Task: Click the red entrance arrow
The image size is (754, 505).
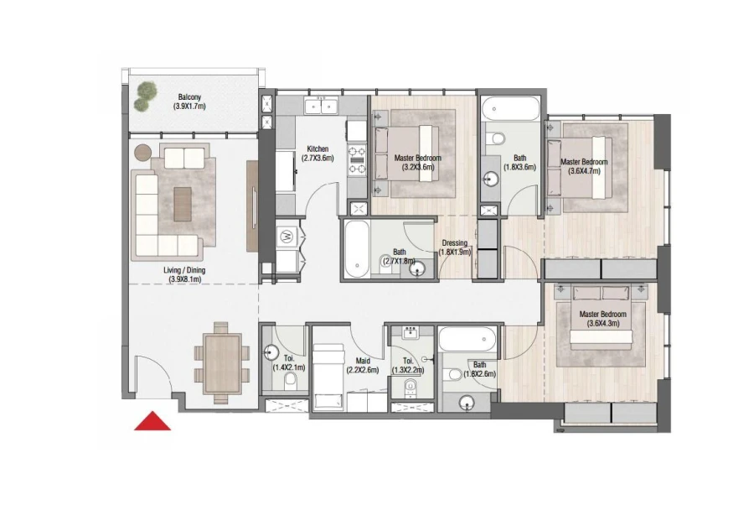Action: coord(152,421)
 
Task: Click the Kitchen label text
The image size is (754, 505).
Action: coord(318,148)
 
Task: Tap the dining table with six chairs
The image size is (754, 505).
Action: coord(223,360)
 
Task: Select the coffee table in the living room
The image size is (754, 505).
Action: coord(183,200)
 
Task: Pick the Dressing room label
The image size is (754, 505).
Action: coord(456,244)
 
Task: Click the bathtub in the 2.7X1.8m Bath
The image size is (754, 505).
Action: coord(355,249)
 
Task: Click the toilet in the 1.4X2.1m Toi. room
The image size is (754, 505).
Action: coord(291,382)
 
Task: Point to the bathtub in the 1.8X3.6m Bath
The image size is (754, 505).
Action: coord(511,109)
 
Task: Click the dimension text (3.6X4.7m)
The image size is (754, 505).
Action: coord(584,171)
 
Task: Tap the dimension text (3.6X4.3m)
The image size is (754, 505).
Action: coord(603,323)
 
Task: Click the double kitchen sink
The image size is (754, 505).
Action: coord(319,106)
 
